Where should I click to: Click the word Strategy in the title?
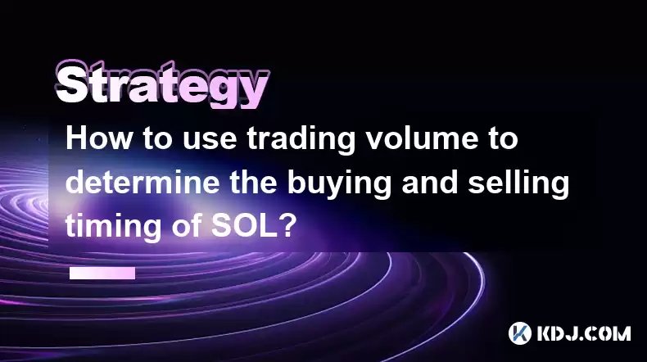click(x=162, y=84)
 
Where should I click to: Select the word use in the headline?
click(x=210, y=141)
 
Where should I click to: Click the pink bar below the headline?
click(x=102, y=274)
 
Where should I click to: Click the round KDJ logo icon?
click(x=520, y=333)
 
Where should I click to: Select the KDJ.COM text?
click(x=583, y=333)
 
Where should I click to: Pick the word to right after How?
click(x=157, y=139)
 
